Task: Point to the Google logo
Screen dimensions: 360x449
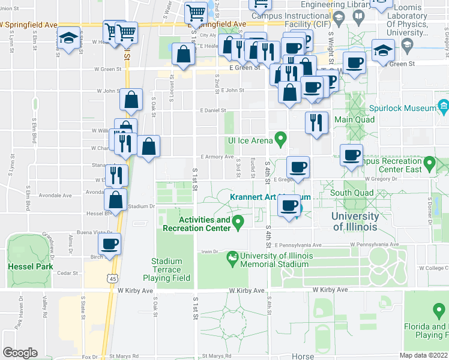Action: pyautogui.click(x=20, y=352)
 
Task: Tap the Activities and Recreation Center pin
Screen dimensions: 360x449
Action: pyautogui.click(x=238, y=223)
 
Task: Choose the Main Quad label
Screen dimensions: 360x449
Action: pyautogui.click(x=354, y=119)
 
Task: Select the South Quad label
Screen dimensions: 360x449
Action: pyautogui.click(x=352, y=193)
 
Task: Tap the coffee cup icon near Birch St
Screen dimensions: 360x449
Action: pyautogui.click(x=110, y=244)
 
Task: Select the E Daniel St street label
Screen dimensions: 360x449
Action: pyautogui.click(x=213, y=110)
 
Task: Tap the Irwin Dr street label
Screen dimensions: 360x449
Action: pyautogui.click(x=208, y=252)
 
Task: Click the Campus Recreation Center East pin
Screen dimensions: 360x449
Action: pyautogui.click(x=429, y=163)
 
